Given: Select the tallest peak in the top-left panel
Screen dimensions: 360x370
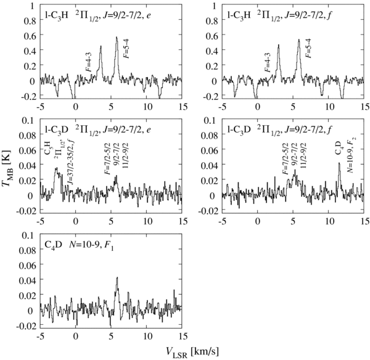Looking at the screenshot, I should (117, 38).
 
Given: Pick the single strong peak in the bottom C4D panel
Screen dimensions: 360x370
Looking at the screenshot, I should (117, 279).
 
